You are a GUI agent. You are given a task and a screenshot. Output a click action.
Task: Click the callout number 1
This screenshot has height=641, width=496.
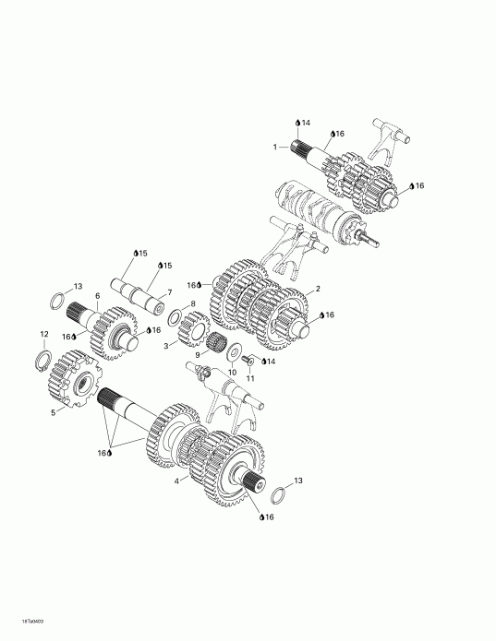coord(274,147)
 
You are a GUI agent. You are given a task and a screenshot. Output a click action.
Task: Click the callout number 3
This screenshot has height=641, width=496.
coord(166,346)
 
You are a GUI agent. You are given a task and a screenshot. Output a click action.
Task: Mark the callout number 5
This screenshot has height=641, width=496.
coord(53,411)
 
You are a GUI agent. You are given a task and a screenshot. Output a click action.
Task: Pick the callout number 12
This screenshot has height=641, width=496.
coord(42,334)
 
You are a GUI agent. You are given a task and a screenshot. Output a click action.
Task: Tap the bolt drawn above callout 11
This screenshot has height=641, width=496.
coord(248,361)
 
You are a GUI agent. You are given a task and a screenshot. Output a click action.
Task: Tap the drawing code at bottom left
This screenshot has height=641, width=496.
coord(21,622)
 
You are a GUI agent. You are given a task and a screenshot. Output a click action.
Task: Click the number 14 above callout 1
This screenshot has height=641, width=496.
coord(306,123)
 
